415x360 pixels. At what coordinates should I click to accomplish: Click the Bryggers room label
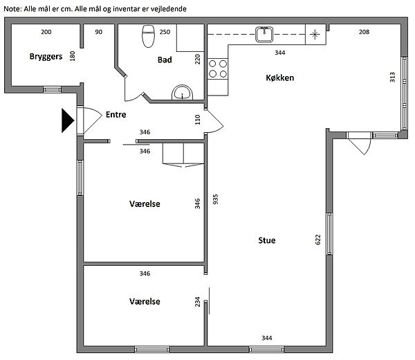(46, 57)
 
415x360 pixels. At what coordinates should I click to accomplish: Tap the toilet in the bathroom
(148, 36)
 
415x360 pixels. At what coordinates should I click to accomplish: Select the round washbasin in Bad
(182, 92)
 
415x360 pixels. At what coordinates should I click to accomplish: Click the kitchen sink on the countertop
(264, 35)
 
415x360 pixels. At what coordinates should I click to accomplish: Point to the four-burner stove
(218, 69)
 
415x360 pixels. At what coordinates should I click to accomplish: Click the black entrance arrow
(68, 120)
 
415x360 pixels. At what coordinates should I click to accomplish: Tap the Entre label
(116, 114)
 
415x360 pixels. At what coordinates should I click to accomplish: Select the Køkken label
(279, 78)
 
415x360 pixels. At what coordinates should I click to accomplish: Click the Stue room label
(267, 240)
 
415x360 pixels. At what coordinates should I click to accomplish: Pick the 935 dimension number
(215, 199)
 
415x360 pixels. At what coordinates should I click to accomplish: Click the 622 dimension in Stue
(318, 240)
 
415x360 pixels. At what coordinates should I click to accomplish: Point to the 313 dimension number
(392, 77)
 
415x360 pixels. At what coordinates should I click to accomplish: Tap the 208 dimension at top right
(364, 32)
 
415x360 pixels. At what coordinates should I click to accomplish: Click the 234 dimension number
(197, 302)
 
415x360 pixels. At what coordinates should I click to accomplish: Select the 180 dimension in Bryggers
(72, 56)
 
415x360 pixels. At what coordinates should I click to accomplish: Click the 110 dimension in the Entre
(197, 120)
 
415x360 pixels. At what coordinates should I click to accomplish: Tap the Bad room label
(165, 60)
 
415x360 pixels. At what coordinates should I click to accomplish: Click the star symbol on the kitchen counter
(315, 34)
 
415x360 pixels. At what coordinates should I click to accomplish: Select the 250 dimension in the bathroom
(165, 32)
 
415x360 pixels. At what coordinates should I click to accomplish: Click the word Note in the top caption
(12, 9)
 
